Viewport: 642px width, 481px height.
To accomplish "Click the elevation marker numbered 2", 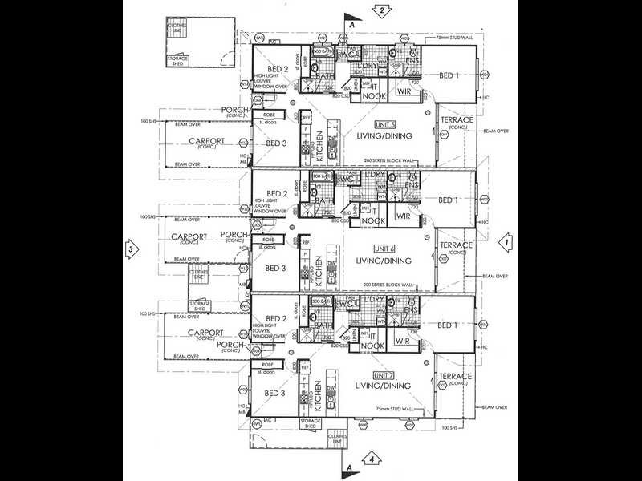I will [384, 10].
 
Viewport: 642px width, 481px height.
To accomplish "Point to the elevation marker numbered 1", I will [506, 240].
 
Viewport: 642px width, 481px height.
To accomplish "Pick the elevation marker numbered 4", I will [372, 459].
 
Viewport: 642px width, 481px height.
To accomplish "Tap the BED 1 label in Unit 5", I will [449, 75].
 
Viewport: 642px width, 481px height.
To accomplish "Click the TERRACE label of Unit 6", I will [456, 245].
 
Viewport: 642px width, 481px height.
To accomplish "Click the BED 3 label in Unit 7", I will [275, 393].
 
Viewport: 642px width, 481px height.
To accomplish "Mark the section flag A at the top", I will [350, 23].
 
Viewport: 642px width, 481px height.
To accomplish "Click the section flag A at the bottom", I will [350, 465].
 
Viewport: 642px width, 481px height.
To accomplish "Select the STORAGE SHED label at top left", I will [177, 61].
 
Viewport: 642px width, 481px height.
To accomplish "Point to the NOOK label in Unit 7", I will [370, 346].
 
